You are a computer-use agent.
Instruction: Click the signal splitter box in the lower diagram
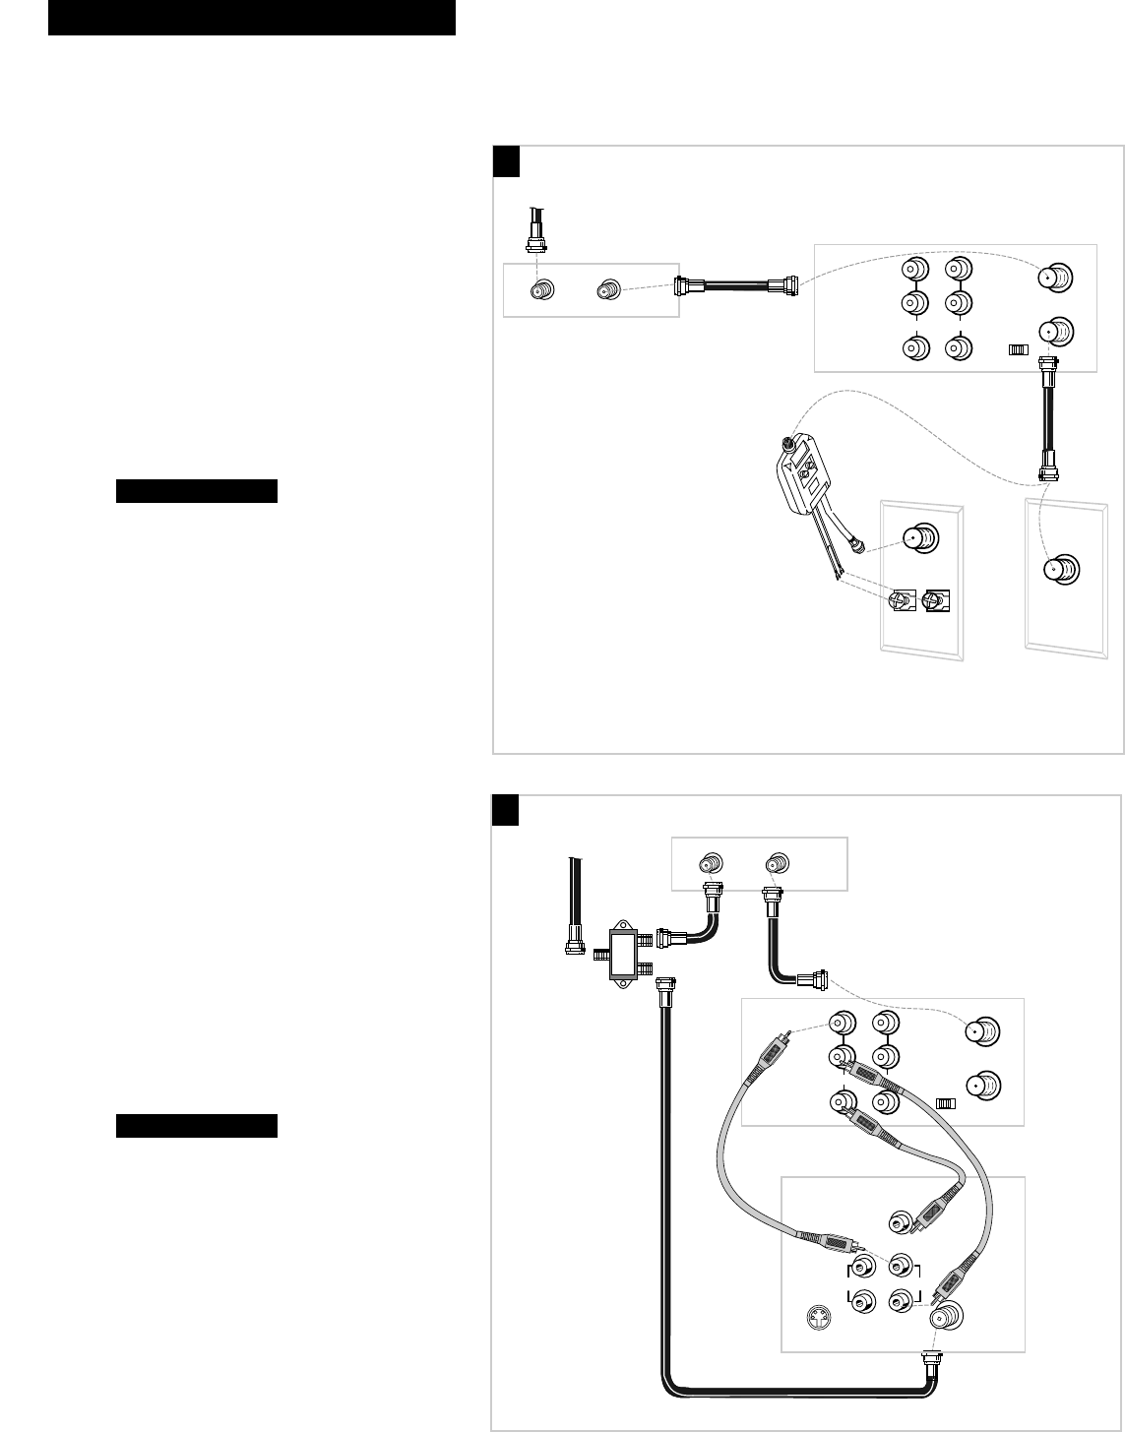(x=625, y=953)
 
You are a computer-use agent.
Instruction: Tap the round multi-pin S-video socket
(x=816, y=1316)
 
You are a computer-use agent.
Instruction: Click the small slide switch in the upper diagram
(x=1019, y=349)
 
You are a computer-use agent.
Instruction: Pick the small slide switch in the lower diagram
(x=946, y=1103)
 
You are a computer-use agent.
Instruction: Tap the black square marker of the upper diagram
(x=506, y=161)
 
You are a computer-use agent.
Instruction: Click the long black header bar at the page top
(x=252, y=17)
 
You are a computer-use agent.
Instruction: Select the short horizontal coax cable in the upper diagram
(x=737, y=287)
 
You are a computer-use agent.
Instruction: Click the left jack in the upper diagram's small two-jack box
(x=541, y=290)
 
